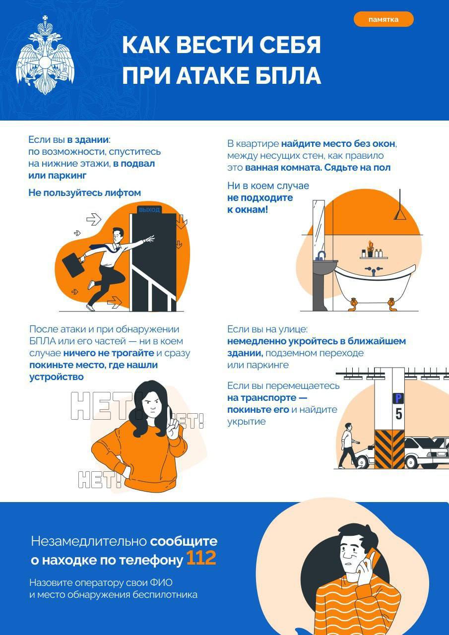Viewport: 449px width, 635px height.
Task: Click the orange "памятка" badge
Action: coord(383,19)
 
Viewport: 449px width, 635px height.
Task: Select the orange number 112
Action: coord(201,559)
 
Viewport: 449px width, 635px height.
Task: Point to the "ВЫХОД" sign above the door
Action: coord(149,210)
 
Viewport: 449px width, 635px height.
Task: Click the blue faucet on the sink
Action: coord(321,255)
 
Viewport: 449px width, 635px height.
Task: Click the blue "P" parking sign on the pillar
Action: coord(398,397)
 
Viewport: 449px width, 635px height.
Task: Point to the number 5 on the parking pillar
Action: coord(398,413)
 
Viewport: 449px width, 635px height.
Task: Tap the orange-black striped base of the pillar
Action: coord(389,449)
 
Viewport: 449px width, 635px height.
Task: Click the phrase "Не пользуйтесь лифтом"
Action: coord(84,193)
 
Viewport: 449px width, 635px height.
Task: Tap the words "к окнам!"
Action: coord(248,210)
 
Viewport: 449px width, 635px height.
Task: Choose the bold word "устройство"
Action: coord(56,377)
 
